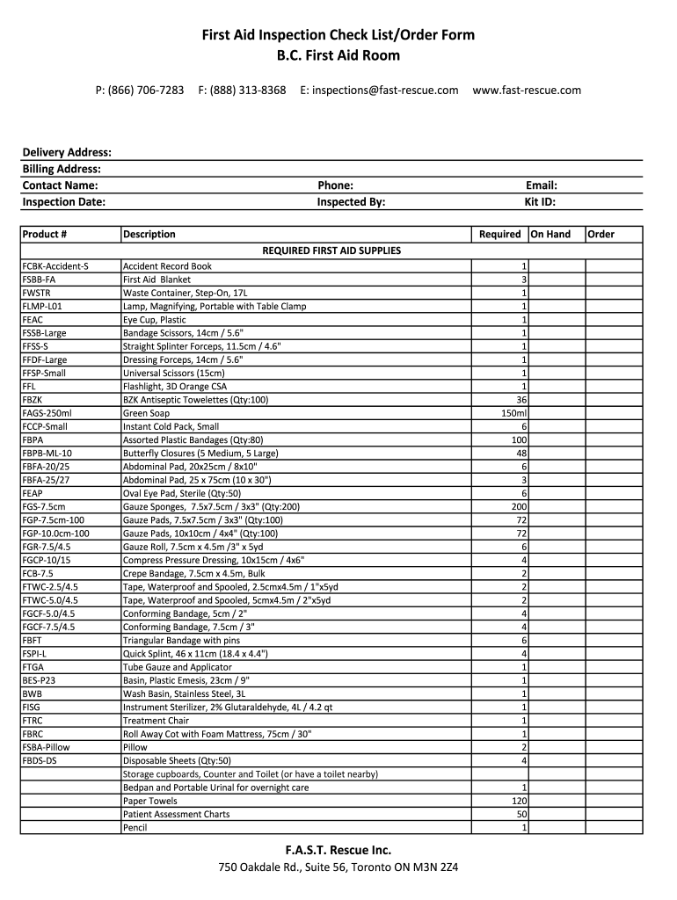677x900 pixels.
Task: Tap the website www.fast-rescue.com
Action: point(527,91)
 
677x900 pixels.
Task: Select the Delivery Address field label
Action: point(67,153)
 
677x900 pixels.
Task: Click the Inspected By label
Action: point(351,202)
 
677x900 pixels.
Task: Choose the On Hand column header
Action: point(550,235)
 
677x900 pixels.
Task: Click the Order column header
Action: point(601,235)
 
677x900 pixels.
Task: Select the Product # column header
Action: point(45,235)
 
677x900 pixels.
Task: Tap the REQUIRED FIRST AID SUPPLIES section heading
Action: point(331,251)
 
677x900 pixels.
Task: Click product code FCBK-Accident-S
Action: point(55,266)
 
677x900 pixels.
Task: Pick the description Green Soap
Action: point(147,413)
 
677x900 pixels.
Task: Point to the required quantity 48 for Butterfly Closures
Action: point(521,454)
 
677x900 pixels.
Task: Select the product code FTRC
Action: point(33,721)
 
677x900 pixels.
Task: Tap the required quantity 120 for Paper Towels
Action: point(519,801)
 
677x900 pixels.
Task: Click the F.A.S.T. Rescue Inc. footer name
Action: point(338,850)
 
